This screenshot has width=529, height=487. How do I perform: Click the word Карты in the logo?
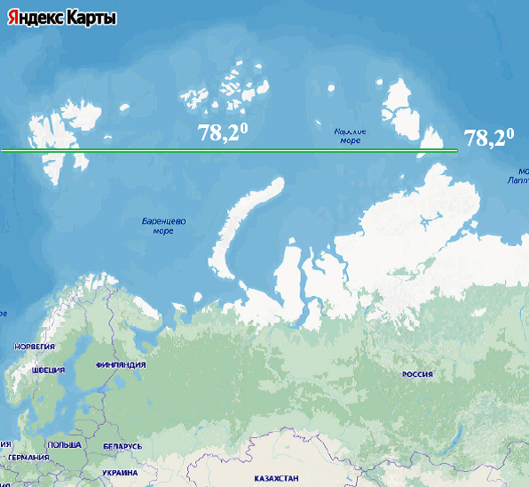pyautogui.click(x=92, y=19)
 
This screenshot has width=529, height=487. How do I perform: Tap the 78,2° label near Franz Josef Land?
pyautogui.click(x=222, y=133)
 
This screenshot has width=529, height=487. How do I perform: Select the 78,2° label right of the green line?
pyautogui.click(x=489, y=138)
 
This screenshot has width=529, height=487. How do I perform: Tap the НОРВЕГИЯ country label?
pyautogui.click(x=35, y=347)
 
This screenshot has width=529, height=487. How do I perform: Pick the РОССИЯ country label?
pyautogui.click(x=416, y=375)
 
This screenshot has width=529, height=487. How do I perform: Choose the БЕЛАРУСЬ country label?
pyautogui.click(x=122, y=446)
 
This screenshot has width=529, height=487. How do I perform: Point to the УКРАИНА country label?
pyautogui.click(x=120, y=474)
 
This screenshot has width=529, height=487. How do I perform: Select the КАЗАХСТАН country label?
pyautogui.click(x=276, y=479)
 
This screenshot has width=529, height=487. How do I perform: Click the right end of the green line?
pyautogui.click(x=455, y=151)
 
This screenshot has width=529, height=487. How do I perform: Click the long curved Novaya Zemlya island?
pyautogui.click(x=238, y=222)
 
